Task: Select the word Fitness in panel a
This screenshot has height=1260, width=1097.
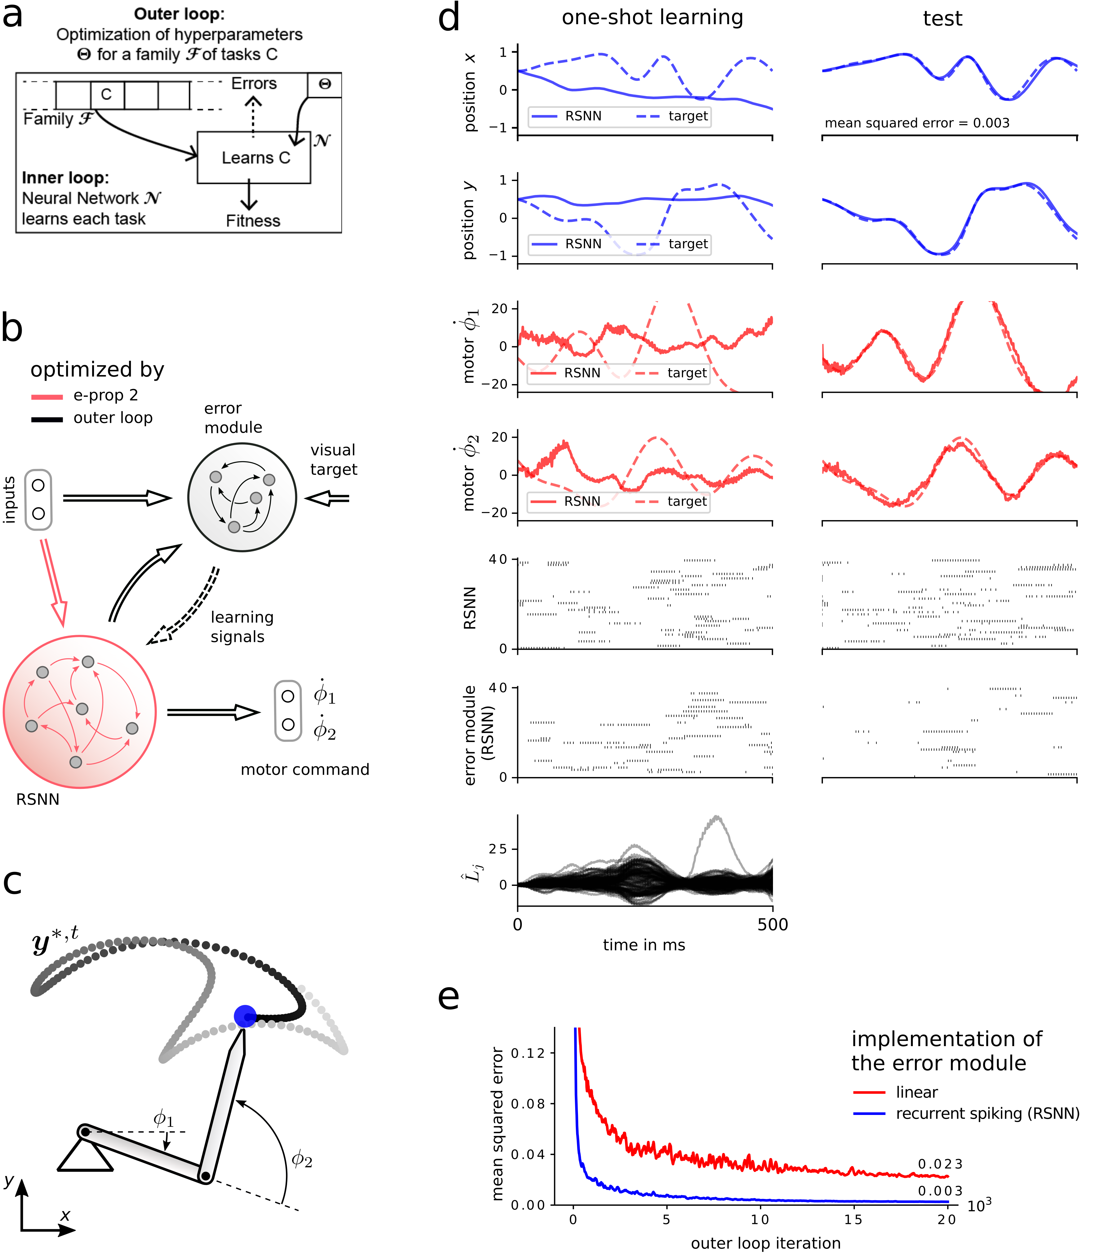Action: pos(253,221)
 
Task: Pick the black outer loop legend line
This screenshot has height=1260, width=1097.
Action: pos(47,419)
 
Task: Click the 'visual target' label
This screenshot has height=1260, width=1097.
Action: pos(333,460)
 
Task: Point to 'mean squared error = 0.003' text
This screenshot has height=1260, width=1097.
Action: pos(917,123)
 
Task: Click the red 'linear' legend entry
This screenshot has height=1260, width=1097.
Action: pos(917,1092)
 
